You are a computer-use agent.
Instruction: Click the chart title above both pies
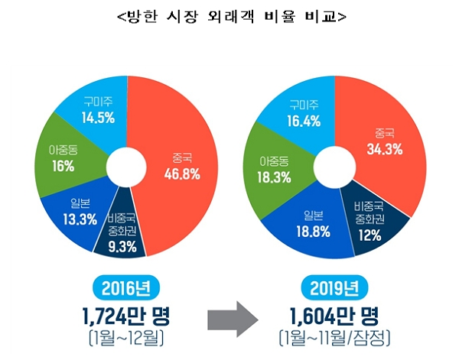pos(229,16)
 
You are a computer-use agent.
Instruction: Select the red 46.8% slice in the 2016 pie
pos(180,168)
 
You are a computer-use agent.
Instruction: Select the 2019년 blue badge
pos(335,288)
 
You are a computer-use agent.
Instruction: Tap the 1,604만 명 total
pos(336,315)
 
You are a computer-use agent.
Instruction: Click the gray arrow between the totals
pos(230,315)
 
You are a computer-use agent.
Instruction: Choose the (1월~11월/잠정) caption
pos(336,337)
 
